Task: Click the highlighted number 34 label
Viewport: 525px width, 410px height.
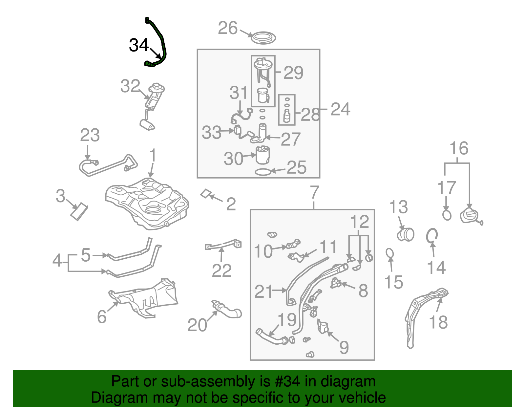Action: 139,45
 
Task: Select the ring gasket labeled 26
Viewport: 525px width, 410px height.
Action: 263,37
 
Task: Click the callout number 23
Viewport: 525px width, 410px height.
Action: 90,135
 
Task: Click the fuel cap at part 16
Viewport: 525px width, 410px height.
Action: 469,216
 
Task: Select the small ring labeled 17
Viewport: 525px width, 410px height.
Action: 447,215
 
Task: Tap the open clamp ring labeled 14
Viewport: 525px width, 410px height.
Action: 432,235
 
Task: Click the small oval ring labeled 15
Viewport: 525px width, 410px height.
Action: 389,253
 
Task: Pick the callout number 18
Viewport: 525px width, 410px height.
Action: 438,322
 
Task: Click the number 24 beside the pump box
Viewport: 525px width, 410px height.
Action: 340,109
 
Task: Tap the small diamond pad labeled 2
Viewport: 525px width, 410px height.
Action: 206,194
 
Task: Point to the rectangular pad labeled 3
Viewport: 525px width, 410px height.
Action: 79,212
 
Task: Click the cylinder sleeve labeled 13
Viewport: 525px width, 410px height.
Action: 406,234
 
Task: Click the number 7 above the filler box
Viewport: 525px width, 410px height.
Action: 314,192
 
